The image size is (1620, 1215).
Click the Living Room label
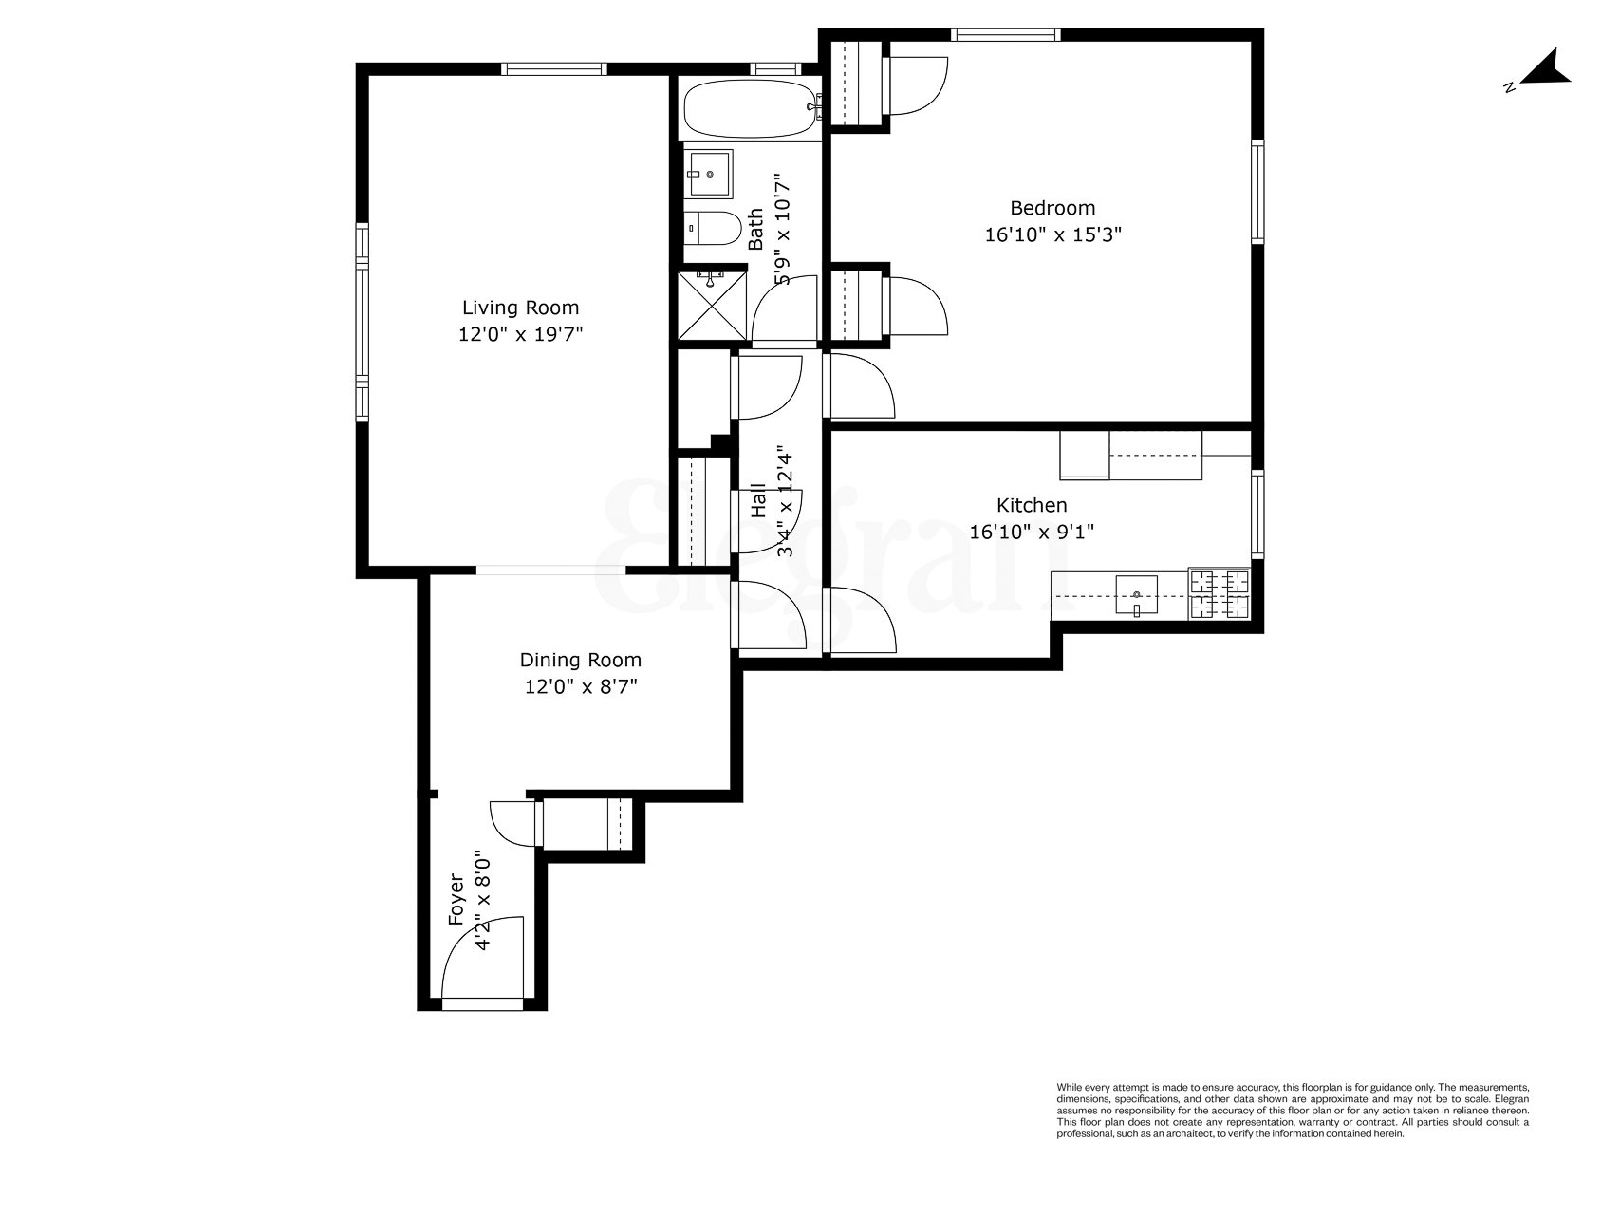click(520, 308)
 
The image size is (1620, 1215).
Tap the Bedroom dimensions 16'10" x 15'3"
click(1052, 234)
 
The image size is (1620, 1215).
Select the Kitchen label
click(1031, 505)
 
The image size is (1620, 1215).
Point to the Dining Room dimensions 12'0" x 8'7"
click(580, 686)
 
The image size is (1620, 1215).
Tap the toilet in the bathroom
click(714, 228)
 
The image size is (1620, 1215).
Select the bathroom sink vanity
click(708, 173)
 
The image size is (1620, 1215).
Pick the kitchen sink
click(1136, 596)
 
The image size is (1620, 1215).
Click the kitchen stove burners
click(1220, 595)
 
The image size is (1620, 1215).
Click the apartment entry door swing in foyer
click(484, 959)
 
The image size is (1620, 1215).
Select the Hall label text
click(758, 500)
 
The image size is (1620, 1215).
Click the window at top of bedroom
click(1006, 35)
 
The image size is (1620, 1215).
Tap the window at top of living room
click(553, 68)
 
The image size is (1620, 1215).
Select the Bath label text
click(755, 229)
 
